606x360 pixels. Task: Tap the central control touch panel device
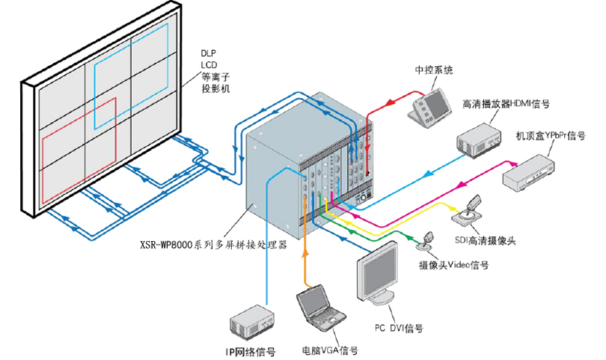tap(430, 104)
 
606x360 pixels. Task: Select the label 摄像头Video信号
tap(453, 264)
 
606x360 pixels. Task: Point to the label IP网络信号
tap(251, 349)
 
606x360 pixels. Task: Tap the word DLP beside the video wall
tap(209, 54)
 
